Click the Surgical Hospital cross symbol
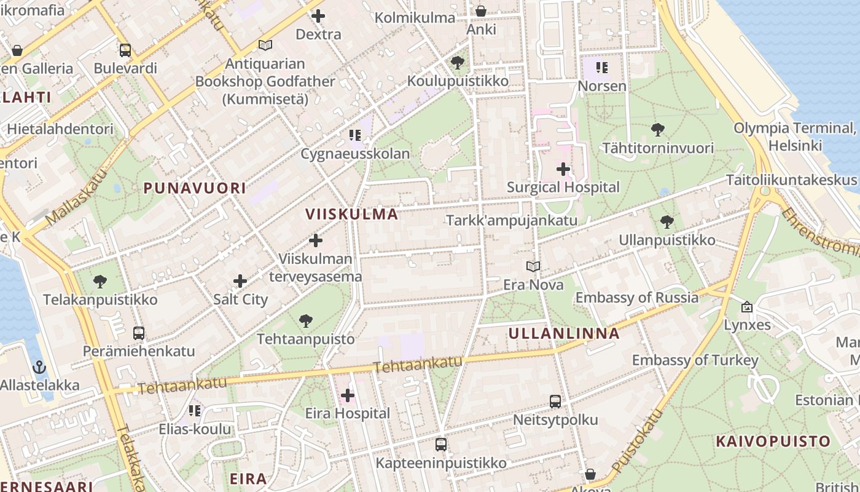563,169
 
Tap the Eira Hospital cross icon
348,395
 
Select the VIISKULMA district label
352,214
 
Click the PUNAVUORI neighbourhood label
195,188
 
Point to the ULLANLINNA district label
564,334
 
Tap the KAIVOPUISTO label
773,441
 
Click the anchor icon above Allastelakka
39,367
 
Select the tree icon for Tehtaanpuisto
305,320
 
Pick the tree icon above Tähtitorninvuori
657,130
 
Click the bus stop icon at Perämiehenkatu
139,333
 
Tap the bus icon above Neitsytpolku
555,402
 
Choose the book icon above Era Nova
533,267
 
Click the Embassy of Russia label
636,298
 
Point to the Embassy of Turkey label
695,360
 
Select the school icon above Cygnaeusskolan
354,135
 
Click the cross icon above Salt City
240,281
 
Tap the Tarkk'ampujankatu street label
511,220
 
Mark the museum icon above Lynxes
747,306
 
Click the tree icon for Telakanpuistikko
100,282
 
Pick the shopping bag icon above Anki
481,11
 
